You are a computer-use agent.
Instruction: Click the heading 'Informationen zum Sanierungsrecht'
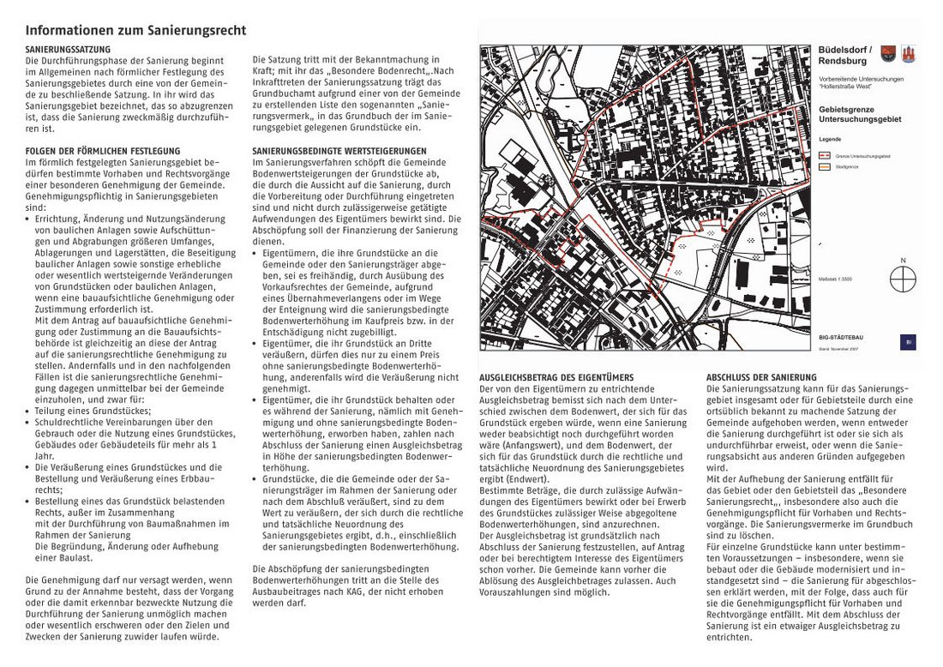136,31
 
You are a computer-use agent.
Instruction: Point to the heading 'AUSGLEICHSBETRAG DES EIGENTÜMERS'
556,377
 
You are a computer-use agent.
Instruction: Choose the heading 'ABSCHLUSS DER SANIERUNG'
761,377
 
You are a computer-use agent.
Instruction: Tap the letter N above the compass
902,261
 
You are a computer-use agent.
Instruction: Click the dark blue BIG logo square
907,342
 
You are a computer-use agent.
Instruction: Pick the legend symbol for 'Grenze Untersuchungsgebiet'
825,154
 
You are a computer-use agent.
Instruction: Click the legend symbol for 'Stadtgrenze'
825,166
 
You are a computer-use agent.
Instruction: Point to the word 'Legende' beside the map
830,139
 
